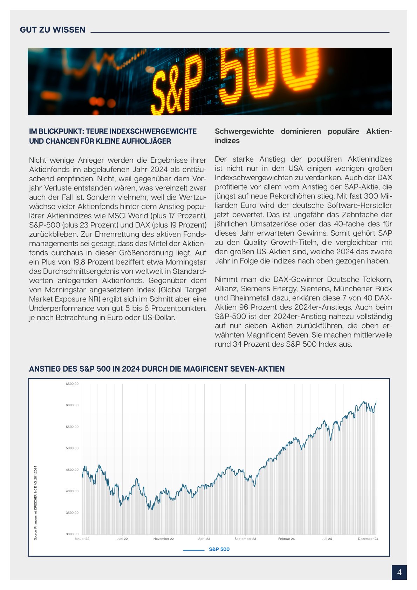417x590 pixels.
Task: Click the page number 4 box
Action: click(399, 572)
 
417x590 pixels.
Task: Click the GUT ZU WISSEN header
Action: click(53, 30)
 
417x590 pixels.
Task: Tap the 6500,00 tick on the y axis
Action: click(72, 384)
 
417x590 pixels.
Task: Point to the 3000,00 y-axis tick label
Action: click(72, 534)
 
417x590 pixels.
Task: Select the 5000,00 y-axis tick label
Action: click(72, 448)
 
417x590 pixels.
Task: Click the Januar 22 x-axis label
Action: click(82, 539)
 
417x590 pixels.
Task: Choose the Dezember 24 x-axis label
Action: click(368, 539)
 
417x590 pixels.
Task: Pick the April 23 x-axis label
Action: click(204, 539)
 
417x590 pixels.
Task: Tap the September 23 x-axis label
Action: click(245, 539)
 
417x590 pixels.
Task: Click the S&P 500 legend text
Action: click(219, 549)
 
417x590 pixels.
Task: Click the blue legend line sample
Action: click(193, 550)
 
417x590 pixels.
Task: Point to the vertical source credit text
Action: click(36, 503)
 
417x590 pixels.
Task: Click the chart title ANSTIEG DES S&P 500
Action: click(157, 369)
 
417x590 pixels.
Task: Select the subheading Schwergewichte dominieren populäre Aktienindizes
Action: click(303, 136)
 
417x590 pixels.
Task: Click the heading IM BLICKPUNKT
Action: click(113, 136)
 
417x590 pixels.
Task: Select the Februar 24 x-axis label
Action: click(286, 539)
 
